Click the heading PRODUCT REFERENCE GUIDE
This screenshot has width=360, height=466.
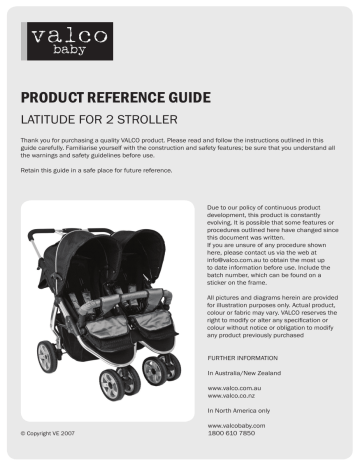click(x=115, y=98)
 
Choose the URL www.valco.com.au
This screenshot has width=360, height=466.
click(x=233, y=385)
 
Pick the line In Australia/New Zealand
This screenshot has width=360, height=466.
click(x=245, y=372)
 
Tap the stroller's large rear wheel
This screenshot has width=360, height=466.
click(x=47, y=356)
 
